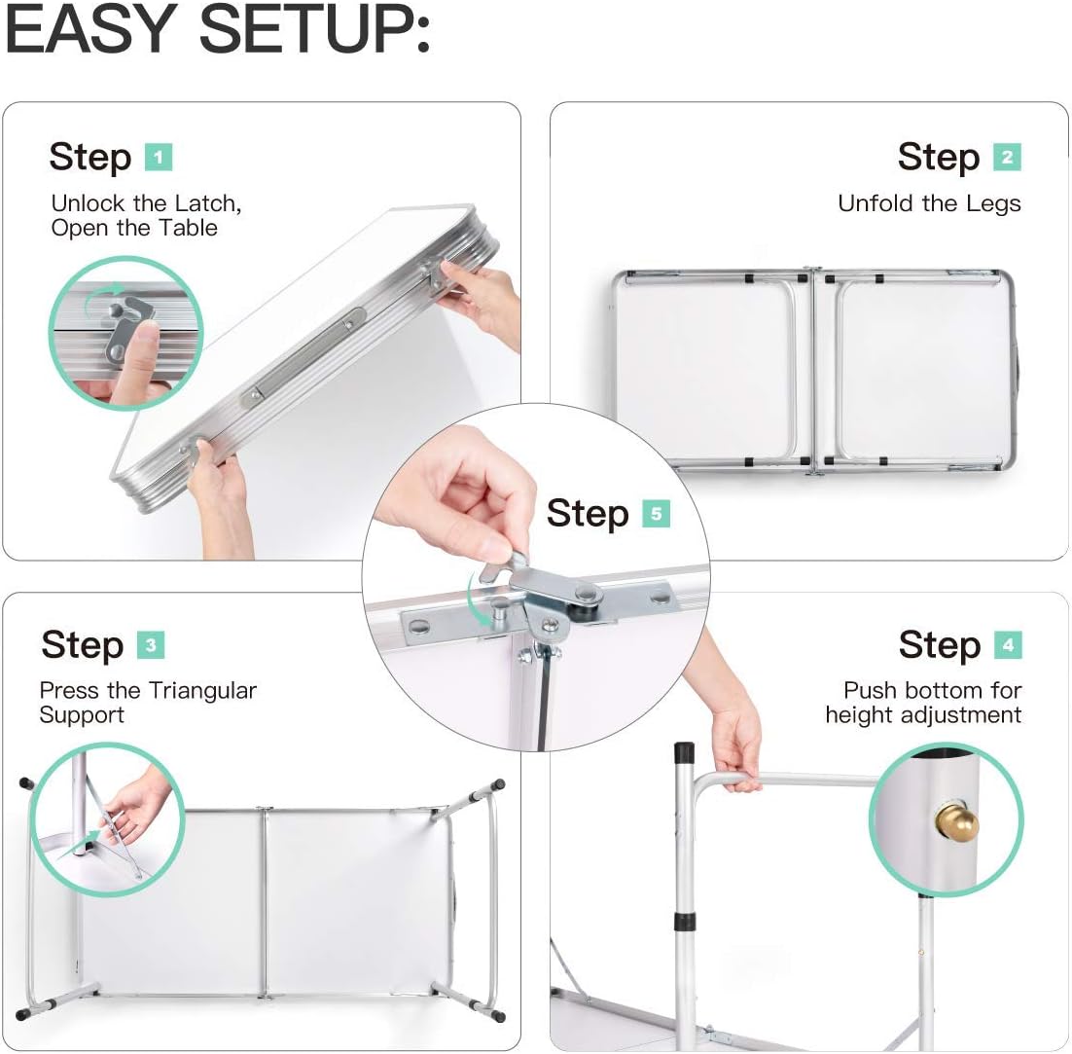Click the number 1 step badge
158,158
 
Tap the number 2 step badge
1007,158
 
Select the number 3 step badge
151,645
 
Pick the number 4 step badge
1009,645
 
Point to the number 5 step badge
657,514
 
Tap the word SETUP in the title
314,30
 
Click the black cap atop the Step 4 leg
684,753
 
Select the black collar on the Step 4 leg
685,921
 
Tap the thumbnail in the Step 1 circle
145,333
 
